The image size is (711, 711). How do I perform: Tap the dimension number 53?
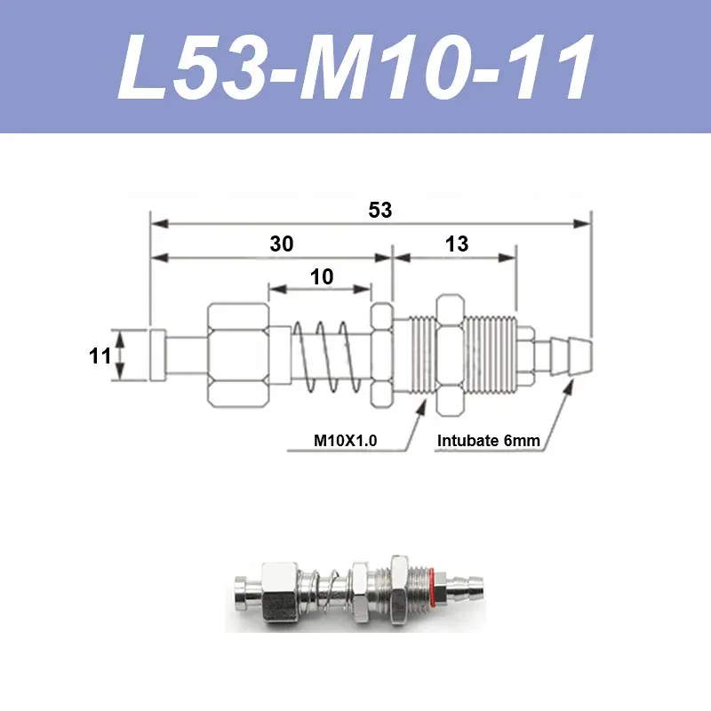(380, 210)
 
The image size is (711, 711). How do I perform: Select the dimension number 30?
(282, 244)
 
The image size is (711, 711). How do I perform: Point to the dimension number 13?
(457, 244)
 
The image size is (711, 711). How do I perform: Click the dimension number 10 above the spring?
(322, 277)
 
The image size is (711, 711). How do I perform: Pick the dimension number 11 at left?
(100, 356)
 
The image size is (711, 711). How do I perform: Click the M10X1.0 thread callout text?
(345, 440)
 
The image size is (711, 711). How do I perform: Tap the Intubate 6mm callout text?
(488, 440)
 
